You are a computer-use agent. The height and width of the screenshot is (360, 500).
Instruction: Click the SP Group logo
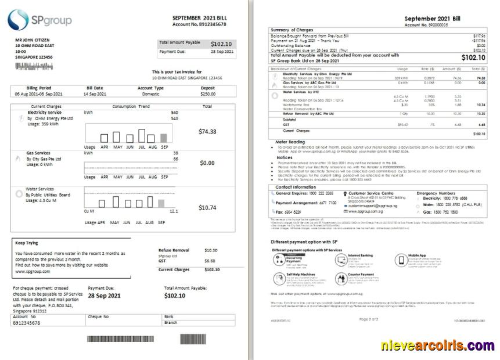39,20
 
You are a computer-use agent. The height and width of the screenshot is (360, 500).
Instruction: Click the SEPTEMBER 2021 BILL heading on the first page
199,18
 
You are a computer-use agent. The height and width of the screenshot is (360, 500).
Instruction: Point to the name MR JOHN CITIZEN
33,39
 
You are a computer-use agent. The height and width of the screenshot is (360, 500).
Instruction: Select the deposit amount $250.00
208,93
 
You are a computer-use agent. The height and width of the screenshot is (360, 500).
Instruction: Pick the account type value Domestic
150,93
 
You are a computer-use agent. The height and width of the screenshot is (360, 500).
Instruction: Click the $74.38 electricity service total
207,132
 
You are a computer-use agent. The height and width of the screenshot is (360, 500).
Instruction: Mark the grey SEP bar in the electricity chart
164,138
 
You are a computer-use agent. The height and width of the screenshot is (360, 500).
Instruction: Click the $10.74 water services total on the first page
207,207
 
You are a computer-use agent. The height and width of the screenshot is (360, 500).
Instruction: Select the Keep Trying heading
26,243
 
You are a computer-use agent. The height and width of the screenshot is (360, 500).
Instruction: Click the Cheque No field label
98,316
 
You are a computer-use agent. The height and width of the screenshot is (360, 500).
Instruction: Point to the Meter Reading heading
290,142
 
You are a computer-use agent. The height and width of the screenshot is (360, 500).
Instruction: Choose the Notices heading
285,157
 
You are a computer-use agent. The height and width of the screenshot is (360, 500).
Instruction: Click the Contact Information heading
296,187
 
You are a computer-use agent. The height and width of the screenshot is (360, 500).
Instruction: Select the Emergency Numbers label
436,193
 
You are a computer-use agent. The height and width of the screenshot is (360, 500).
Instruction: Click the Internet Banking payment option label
360,255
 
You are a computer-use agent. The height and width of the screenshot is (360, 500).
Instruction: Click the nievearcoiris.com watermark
438,346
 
